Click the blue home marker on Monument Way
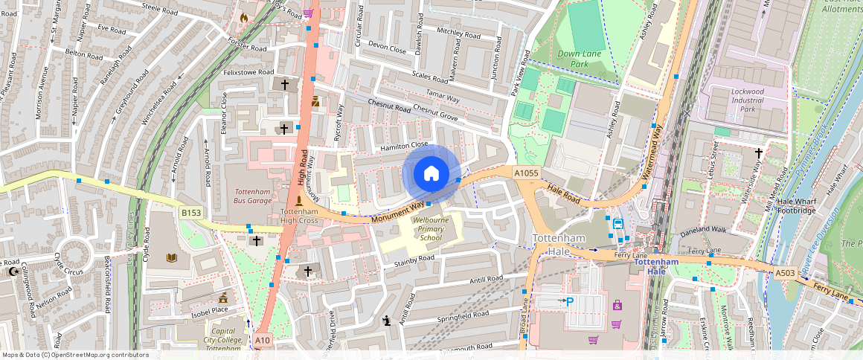[431, 174]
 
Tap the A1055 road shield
[526, 173]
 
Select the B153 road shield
[191, 213]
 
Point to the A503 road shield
[786, 274]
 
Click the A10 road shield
[263, 341]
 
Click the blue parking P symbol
[570, 301]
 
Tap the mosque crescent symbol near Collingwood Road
[13, 272]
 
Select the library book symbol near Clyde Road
[173, 258]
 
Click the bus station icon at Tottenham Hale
[617, 223]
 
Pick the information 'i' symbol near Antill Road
[387, 321]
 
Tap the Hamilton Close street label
[404, 147]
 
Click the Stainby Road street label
[414, 260]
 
